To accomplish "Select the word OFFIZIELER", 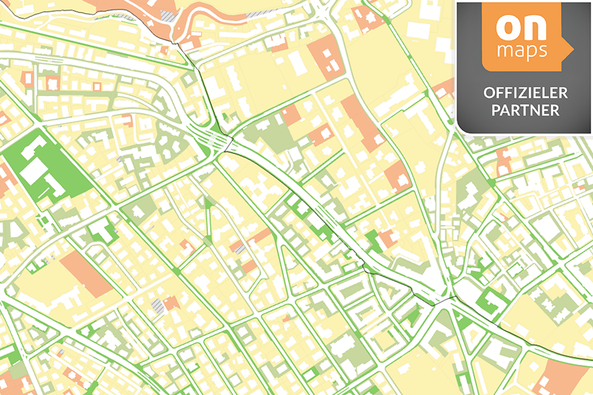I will [x=525, y=93].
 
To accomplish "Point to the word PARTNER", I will [x=525, y=110].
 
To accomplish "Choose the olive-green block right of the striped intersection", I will [x=267, y=135].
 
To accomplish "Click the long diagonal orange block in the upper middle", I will [x=362, y=122].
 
